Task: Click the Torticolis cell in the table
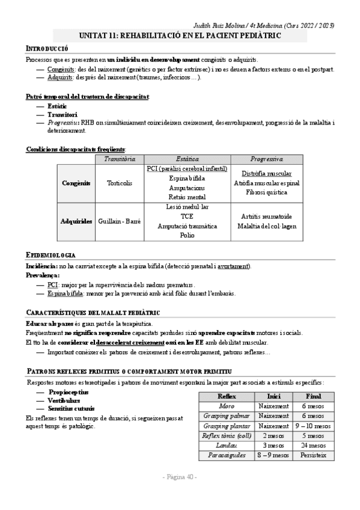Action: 119,183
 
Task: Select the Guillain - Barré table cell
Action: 119,221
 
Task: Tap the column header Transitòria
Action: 120,159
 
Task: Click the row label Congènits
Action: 76,183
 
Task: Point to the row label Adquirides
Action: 76,221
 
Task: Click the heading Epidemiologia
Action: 51,255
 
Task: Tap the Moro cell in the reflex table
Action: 227,406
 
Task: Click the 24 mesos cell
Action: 313,446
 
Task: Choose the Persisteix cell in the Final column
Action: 313,455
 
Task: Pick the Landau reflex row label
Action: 227,446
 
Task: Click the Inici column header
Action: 273,396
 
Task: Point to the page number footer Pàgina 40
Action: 180,477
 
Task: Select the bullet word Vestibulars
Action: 63,400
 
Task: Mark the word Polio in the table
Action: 187,236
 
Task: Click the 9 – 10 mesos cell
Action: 313,426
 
